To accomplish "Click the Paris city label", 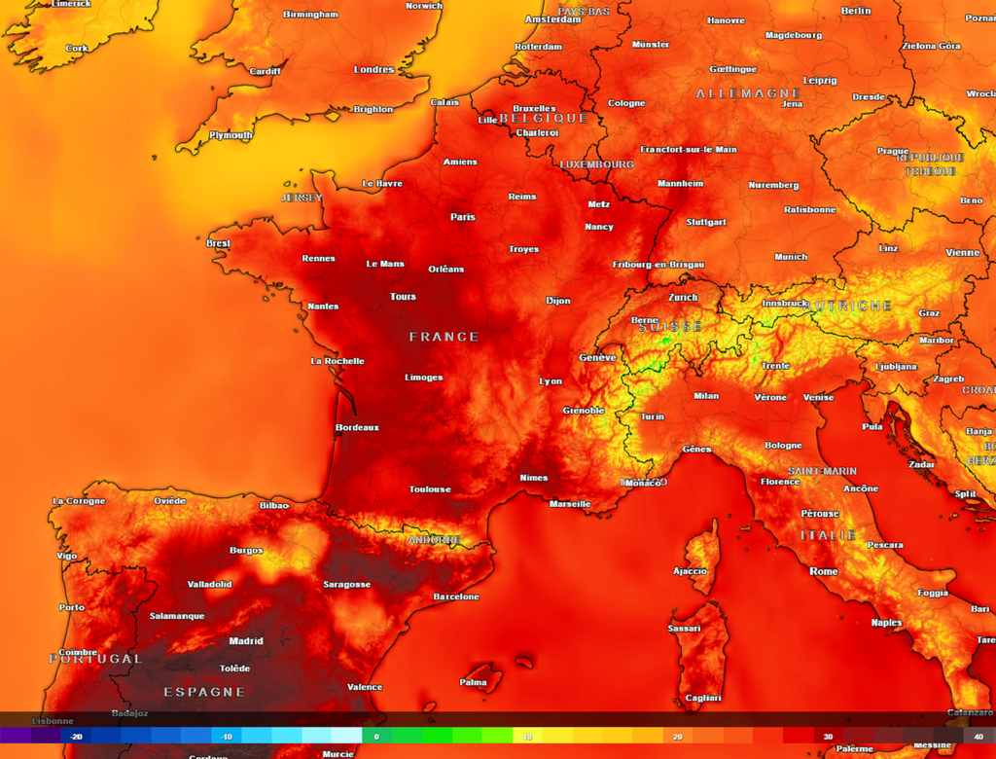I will click(463, 217).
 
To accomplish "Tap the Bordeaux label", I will click(357, 427).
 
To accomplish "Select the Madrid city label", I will click(246, 641).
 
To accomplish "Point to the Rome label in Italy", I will click(823, 571).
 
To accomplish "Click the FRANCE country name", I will click(444, 337).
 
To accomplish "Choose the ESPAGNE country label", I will click(204, 692).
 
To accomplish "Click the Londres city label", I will click(374, 70).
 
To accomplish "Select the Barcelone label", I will click(456, 596).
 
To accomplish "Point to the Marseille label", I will click(570, 504).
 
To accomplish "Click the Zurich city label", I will click(683, 298).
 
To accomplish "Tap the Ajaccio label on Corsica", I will click(690, 571).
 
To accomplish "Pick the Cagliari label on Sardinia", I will click(703, 698).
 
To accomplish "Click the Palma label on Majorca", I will click(474, 682).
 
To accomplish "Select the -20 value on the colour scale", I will click(76, 737).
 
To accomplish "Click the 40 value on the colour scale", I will click(978, 737).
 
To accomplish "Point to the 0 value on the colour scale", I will click(376, 737).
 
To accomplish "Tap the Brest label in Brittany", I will click(219, 243).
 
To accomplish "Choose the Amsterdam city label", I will click(552, 19).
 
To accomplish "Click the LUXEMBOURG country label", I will click(596, 164).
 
